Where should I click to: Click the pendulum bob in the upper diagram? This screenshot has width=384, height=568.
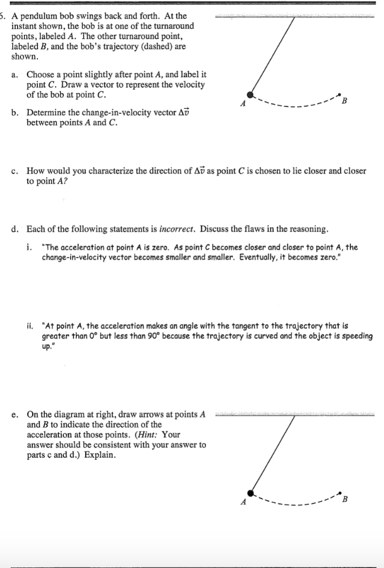coord(250,95)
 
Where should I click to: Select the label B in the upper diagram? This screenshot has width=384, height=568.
coord(345,101)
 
